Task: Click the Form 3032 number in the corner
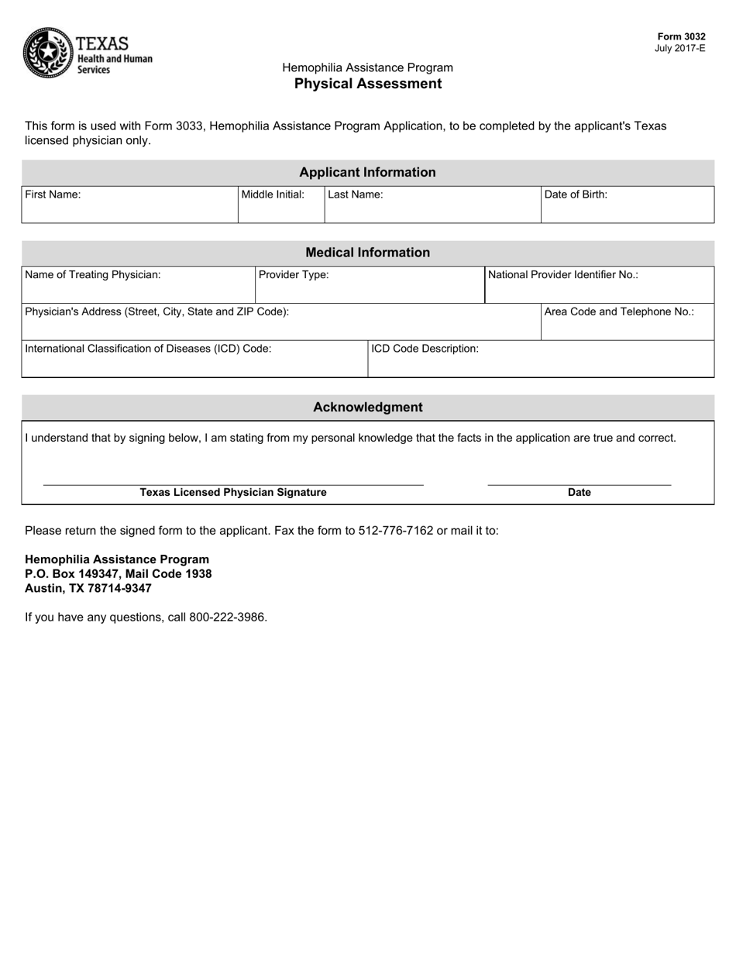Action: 681,36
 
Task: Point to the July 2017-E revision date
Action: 679,48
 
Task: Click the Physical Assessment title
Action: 368,84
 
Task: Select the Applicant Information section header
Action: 367,172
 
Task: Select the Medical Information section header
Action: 367,253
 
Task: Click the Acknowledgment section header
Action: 367,408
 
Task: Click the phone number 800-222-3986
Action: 228,618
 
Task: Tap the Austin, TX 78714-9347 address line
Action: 88,588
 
